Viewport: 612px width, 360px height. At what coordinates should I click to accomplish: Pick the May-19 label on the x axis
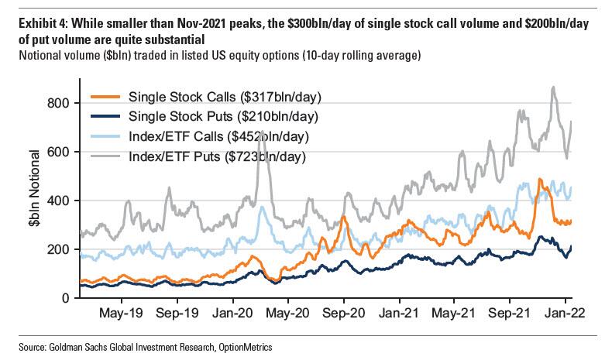[x=122, y=315]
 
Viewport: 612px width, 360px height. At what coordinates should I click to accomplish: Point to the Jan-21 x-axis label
[x=400, y=315]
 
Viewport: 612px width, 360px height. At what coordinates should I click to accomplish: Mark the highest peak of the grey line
[x=553, y=87]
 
